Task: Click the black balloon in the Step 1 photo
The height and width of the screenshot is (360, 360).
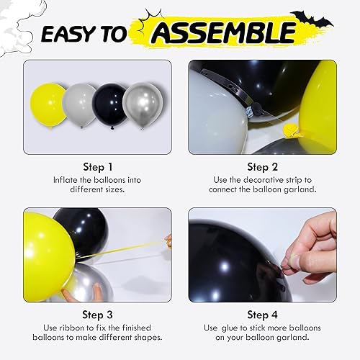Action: (111, 104)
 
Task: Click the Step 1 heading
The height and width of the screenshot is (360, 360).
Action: (97, 166)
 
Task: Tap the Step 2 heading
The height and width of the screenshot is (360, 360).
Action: (262, 166)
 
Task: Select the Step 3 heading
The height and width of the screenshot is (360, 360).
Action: (97, 314)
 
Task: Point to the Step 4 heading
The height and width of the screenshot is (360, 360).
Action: (262, 314)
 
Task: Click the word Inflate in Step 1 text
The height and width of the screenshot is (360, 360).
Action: (65, 179)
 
